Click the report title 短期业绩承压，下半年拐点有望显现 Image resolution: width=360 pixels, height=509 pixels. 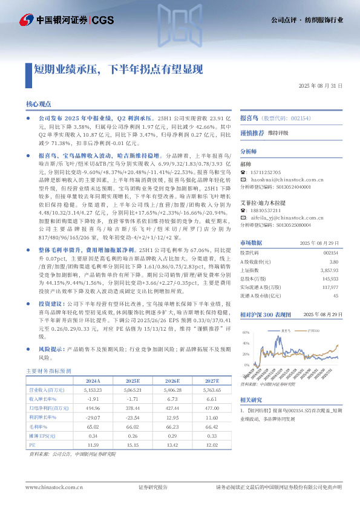pos(118,68)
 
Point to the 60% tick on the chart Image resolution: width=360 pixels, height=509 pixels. pos(246,333)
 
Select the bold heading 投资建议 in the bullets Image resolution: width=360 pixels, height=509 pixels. pos(51,303)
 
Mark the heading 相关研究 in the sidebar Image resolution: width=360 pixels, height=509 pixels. pos(251,400)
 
